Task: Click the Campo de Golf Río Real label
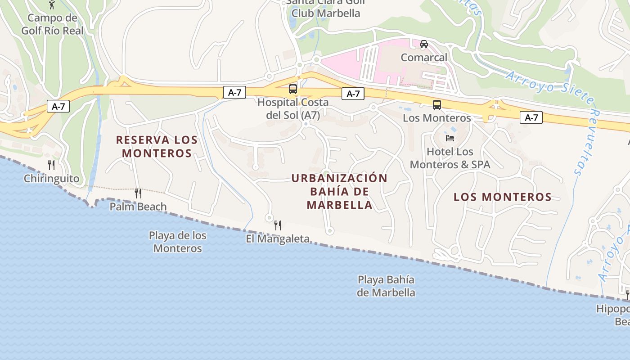52,24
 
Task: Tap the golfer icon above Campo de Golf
52,4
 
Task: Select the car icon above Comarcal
423,44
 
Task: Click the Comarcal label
424,58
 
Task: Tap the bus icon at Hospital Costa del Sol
293,89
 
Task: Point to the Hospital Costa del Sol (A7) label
293,108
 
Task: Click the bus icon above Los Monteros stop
436,105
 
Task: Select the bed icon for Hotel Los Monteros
450,138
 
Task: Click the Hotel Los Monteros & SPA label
450,158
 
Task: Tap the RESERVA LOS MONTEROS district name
157,146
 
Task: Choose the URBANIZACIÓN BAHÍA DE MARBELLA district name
339,191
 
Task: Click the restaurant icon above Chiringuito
51,165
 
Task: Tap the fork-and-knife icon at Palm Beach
138,193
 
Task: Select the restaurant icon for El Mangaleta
278,225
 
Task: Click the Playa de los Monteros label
178,242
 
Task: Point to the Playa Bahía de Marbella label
386,286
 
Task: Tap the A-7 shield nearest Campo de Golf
58,107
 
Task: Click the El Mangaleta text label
278,238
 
